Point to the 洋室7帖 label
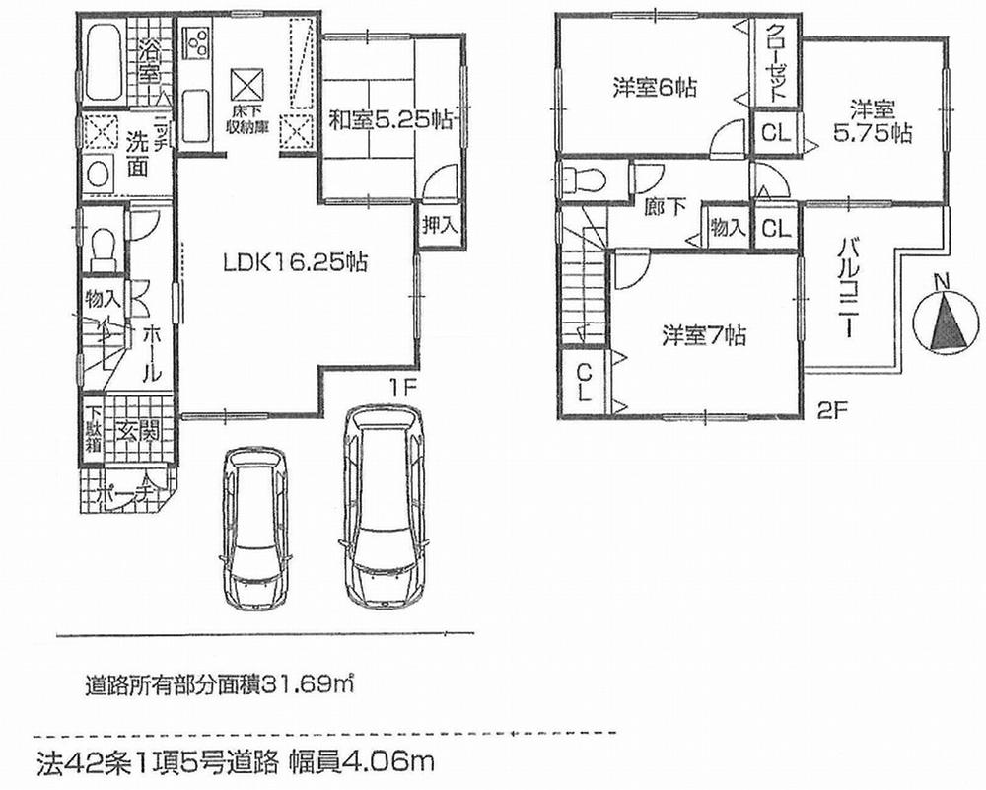click(703, 336)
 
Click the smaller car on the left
click(254, 530)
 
